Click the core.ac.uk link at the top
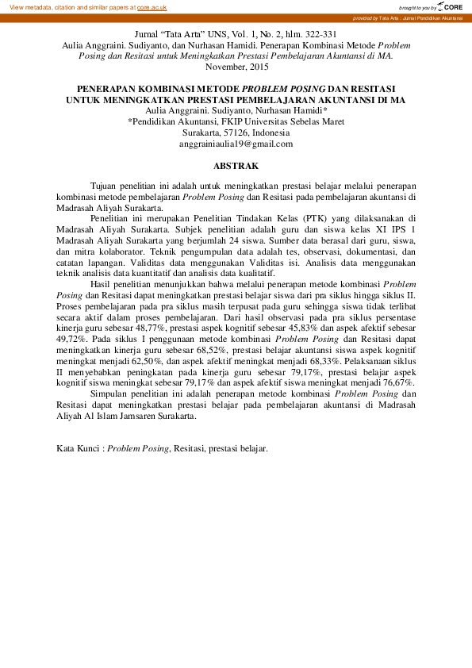(x=152, y=6)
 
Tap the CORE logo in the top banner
(x=450, y=6)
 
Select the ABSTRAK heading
(x=236, y=167)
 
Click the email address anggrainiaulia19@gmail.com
(x=236, y=144)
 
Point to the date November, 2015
(x=236, y=67)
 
